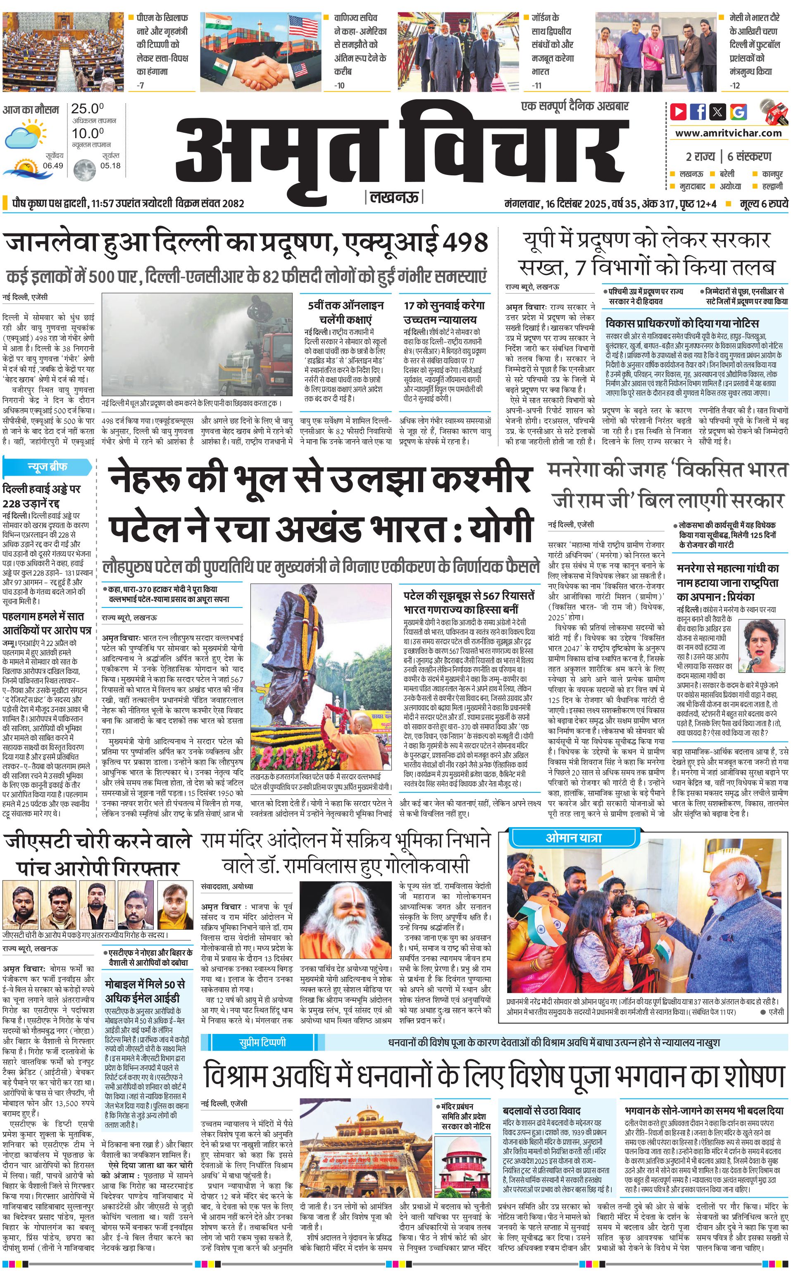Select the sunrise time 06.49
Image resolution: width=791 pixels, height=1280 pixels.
coord(53,165)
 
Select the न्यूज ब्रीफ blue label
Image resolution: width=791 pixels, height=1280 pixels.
coord(47,466)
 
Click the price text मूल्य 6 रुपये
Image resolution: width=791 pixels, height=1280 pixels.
coord(763,203)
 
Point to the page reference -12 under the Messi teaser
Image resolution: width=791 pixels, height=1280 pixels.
coord(735,85)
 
